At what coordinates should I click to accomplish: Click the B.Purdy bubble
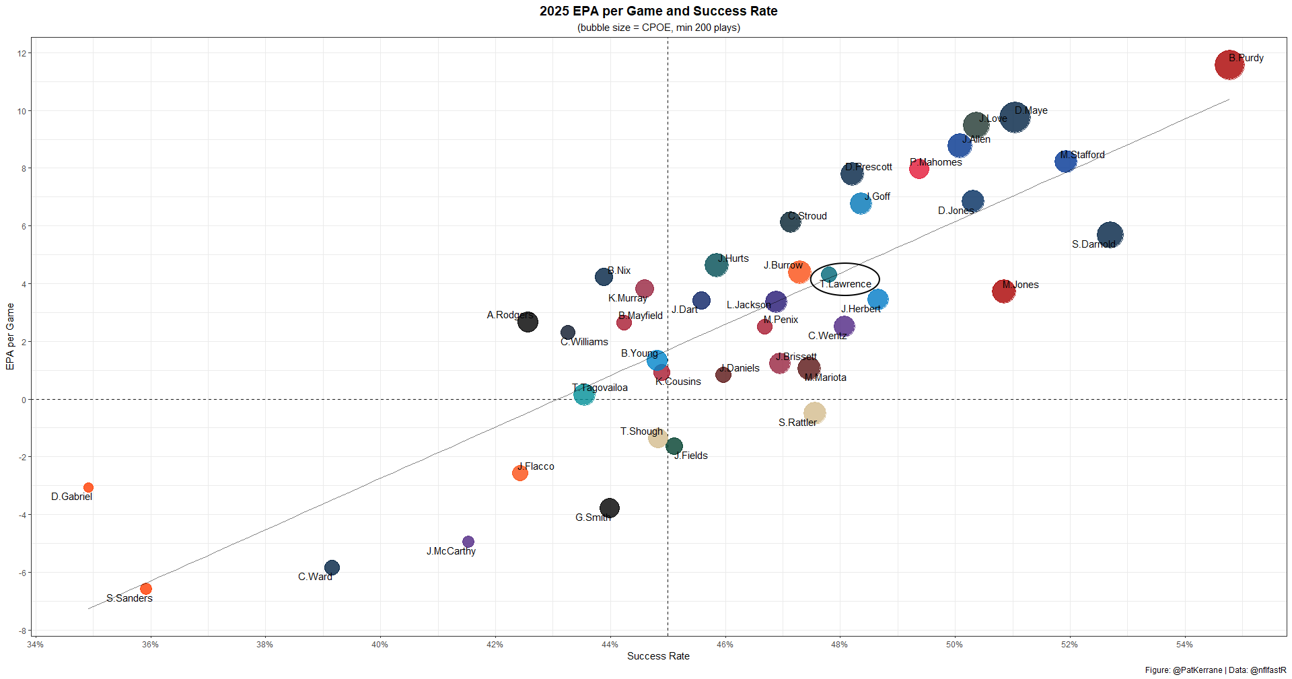[x=1229, y=65]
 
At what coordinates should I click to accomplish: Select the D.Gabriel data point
[x=88, y=487]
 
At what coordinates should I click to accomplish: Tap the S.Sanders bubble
[x=145, y=589]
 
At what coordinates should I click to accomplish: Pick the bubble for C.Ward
[x=332, y=567]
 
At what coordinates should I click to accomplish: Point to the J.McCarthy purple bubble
[x=468, y=542]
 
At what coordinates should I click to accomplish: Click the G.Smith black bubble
[x=609, y=508]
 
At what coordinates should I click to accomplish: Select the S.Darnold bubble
[x=1110, y=235]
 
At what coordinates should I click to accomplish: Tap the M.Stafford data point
[x=1065, y=161]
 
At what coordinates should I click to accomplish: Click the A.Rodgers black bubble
[x=528, y=322]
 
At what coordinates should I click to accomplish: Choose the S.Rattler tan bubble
[x=814, y=413]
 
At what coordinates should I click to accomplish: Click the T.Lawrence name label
[x=846, y=284]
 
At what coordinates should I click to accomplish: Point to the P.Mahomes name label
[x=936, y=162]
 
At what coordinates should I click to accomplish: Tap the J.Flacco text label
[x=536, y=466]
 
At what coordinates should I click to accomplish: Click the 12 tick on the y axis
[x=22, y=54]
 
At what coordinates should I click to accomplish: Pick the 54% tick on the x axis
[x=1184, y=645]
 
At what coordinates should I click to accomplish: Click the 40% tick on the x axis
[x=380, y=645]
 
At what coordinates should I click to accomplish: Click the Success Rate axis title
[x=658, y=656]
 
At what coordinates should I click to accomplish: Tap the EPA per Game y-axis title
[x=10, y=336]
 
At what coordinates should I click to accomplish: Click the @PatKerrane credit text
[x=1197, y=670]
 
